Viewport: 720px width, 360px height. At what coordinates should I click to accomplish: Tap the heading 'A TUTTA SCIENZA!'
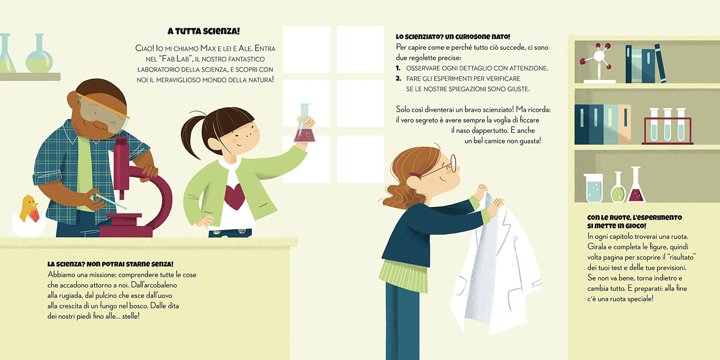click(x=204, y=31)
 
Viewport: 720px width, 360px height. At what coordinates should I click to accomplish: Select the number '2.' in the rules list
click(x=399, y=78)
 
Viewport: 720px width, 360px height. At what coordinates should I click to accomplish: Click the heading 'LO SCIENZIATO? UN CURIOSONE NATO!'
click(x=453, y=37)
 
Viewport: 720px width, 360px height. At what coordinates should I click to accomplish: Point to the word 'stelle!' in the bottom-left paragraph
click(x=131, y=316)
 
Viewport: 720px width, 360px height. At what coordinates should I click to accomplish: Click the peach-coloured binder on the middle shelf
click(x=624, y=124)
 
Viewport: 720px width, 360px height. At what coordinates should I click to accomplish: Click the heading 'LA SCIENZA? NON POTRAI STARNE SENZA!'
click(x=110, y=264)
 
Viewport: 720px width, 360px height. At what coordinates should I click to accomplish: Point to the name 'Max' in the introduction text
click(x=208, y=48)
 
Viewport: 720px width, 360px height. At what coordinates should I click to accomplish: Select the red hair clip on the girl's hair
click(x=415, y=175)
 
